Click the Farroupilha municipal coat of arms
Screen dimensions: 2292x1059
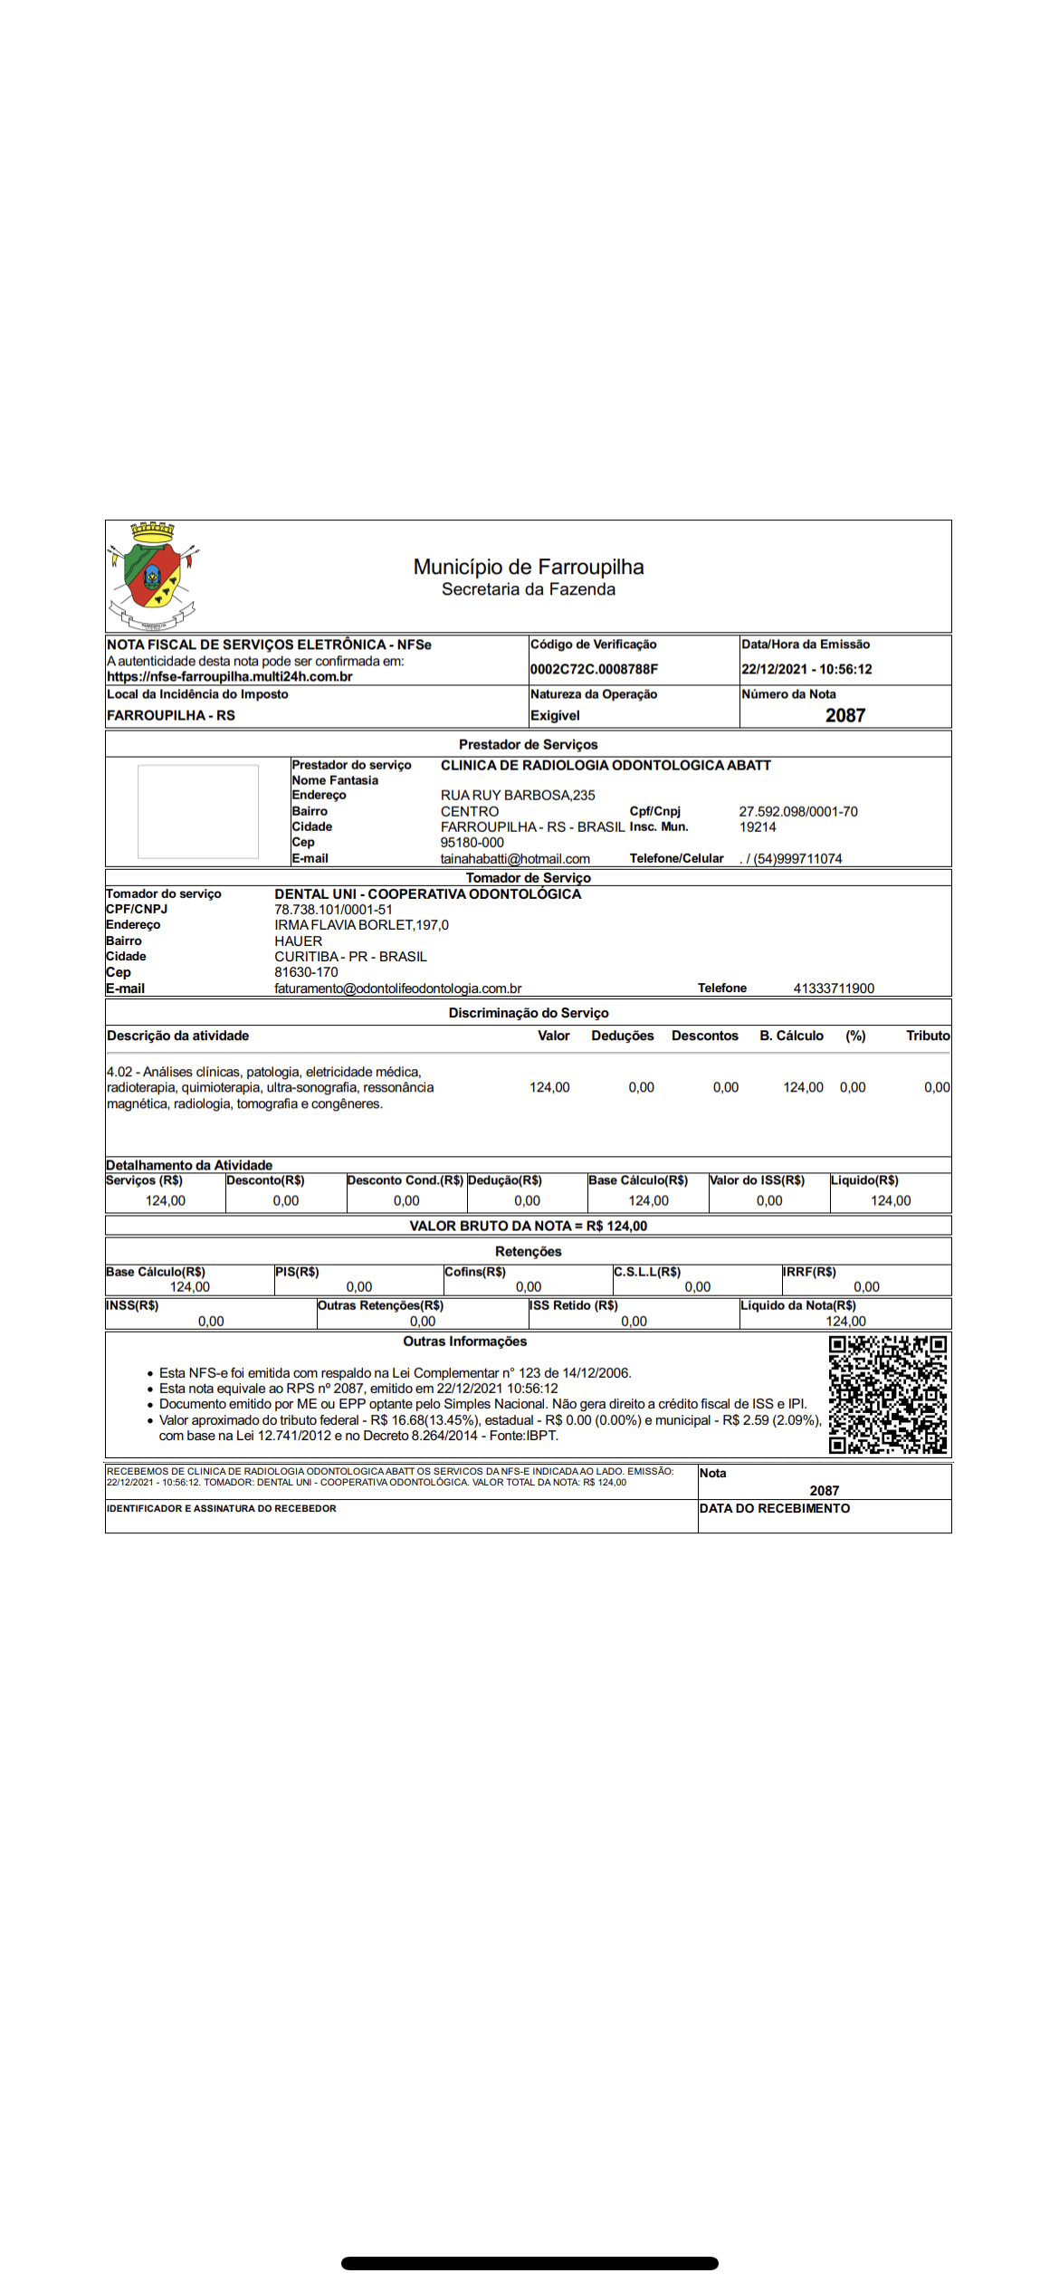tap(153, 576)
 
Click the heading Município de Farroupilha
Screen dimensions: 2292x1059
tap(529, 567)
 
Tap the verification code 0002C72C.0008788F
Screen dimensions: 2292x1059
tap(594, 669)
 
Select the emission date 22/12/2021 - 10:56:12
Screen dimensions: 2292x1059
tap(806, 669)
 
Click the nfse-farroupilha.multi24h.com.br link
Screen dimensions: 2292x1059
tap(230, 676)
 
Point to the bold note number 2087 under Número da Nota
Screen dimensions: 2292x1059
tap(845, 715)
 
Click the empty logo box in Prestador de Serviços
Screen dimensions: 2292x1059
tap(198, 811)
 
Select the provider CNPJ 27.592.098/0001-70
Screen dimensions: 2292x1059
tap(798, 811)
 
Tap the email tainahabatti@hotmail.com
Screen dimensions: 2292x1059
tap(515, 858)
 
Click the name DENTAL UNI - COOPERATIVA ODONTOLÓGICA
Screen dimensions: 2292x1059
tap(428, 893)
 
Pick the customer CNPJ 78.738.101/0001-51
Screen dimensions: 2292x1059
tap(334, 909)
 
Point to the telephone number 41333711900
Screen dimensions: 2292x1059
tap(834, 988)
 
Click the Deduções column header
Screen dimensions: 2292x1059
tap(623, 1036)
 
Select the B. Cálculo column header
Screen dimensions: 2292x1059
tap(791, 1036)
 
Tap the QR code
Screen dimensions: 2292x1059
tap(888, 1395)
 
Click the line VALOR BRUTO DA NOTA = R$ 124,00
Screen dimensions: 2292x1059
tap(529, 1226)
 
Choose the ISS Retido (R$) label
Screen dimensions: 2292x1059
tap(574, 1305)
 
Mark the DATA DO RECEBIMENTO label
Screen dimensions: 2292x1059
tap(775, 1508)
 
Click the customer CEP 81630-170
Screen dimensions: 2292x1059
tap(306, 972)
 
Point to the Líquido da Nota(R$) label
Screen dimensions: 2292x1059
tap(798, 1305)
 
